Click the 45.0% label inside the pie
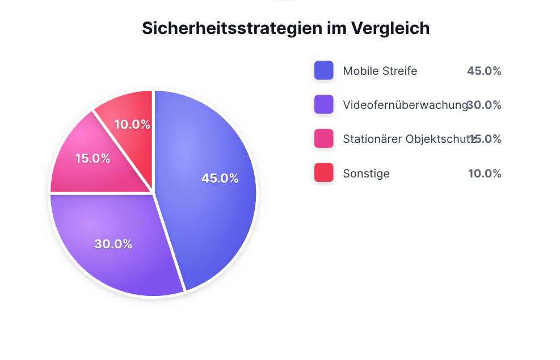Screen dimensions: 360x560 [220, 178]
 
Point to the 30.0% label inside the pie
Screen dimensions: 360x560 [113, 244]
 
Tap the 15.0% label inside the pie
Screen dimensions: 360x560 [92, 158]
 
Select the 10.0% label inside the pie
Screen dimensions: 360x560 [132, 124]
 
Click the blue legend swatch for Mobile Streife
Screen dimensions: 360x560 [323, 71]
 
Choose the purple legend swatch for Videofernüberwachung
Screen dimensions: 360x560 [323, 105]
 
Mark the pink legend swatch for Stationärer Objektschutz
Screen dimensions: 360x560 [323, 139]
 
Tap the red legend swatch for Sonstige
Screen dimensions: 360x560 [323, 173]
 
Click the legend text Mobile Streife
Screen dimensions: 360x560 [380, 71]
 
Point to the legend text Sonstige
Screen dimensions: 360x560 [366, 173]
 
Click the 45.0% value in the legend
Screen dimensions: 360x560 [484, 71]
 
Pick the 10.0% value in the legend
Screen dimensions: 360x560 [484, 173]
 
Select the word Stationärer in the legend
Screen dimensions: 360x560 [372, 139]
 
